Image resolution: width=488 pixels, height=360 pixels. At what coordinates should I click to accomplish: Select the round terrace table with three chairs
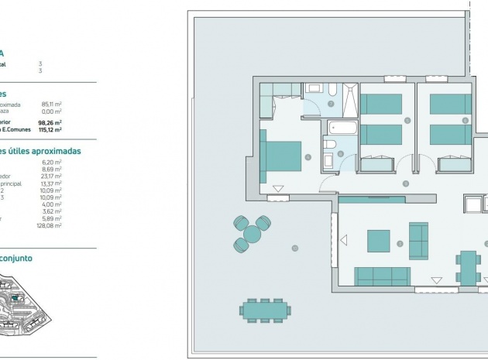252,233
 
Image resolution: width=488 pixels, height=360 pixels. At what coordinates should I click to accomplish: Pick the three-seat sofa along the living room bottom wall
381,275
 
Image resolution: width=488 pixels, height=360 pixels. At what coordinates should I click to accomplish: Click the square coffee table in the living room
378,240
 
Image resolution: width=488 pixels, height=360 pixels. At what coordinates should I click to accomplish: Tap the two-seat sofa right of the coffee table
418,241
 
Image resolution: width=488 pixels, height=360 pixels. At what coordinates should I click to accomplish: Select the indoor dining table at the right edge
466,266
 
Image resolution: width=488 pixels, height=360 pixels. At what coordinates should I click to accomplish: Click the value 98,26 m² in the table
52,122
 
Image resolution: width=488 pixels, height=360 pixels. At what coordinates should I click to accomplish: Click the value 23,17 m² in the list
52,175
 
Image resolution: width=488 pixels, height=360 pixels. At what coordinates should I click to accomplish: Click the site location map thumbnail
24,310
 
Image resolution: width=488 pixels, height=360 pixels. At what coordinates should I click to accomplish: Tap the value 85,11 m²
52,104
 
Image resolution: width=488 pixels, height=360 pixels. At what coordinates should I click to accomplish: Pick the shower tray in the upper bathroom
347,99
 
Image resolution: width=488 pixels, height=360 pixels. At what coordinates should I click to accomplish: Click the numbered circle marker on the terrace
294,248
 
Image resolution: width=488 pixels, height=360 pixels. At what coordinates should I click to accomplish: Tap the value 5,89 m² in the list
52,219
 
